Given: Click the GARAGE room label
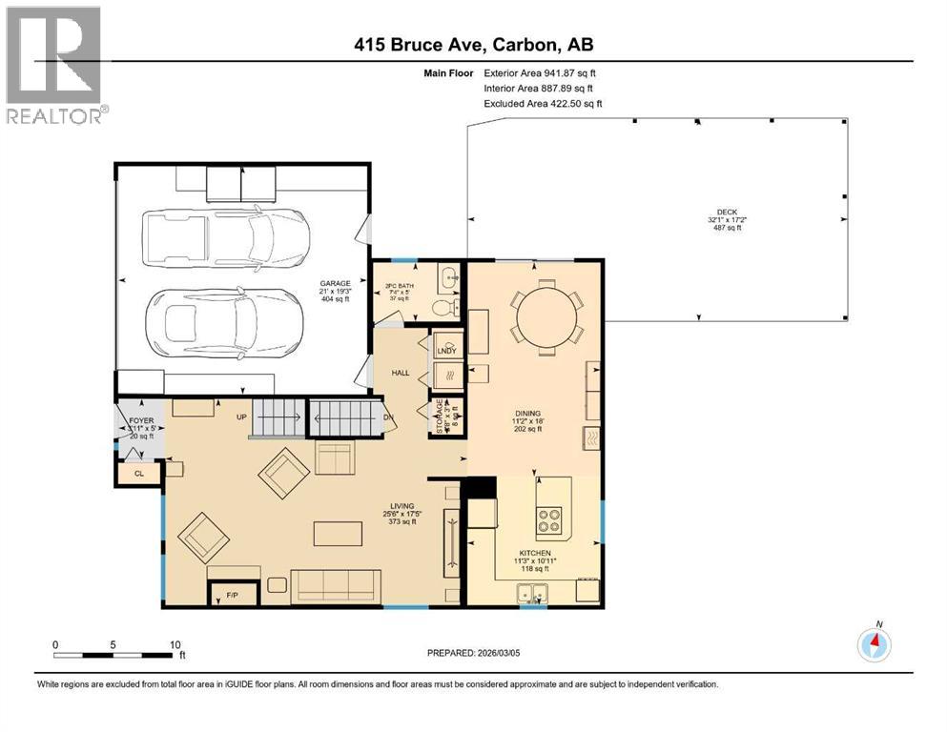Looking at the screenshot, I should point(335,283).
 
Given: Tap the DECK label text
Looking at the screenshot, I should point(728,213).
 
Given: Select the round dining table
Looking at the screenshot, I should point(547,315).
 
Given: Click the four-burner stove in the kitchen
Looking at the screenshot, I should point(550,518).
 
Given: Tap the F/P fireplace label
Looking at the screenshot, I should point(232,597).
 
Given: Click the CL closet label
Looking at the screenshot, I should point(139,472).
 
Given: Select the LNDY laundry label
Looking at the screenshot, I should point(446,351).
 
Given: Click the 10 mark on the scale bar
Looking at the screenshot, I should point(175,644).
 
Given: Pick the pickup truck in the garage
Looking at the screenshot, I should point(225,231).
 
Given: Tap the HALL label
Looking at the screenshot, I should point(400,373).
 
